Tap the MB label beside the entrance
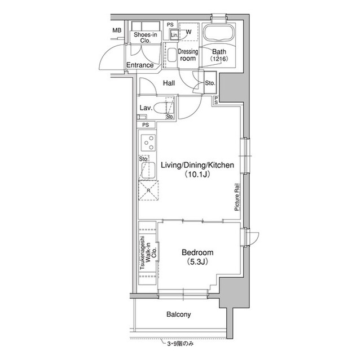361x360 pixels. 117,30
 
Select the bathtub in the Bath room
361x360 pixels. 218,33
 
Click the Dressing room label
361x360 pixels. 187,55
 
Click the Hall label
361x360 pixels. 169,83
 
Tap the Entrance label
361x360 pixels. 139,65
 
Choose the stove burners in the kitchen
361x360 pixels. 148,144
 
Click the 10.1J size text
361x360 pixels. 196,175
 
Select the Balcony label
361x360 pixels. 179,315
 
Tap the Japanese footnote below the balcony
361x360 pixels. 180,343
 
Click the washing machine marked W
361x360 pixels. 188,32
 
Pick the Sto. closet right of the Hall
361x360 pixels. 209,83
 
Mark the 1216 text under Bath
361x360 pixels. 219,59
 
